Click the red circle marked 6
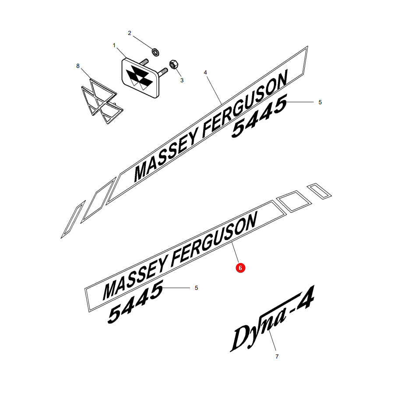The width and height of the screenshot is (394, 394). tap(240, 268)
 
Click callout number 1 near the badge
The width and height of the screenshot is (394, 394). tap(114, 46)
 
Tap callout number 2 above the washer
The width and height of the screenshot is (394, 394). tap(130, 33)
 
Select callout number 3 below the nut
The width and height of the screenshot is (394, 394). tap(182, 81)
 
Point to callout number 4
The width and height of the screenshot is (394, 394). tap(205, 73)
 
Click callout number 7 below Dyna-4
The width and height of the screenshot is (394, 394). tap(277, 356)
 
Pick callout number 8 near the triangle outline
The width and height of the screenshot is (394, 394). tap(78, 66)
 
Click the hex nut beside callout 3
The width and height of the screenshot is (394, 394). tap(173, 64)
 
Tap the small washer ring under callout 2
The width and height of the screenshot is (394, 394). tap(155, 52)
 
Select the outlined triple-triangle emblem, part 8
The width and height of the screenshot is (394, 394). tap(102, 101)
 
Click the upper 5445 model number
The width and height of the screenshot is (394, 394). tap(259, 116)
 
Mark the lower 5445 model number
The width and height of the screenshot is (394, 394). tap(136, 302)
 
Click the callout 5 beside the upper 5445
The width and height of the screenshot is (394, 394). tap(320, 102)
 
